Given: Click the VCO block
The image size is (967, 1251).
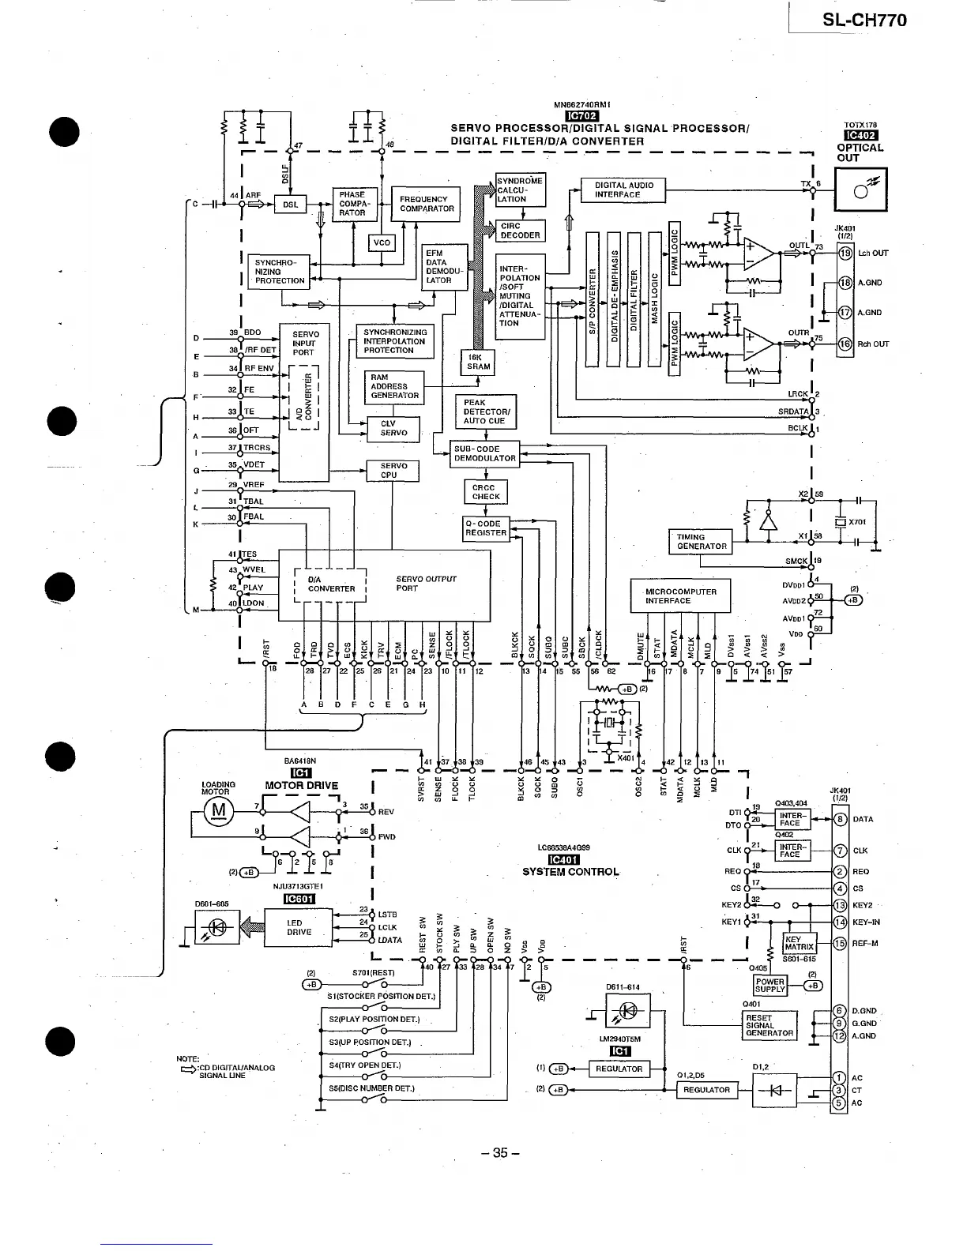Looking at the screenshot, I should [x=382, y=242].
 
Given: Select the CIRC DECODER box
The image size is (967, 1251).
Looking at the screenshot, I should [x=521, y=231].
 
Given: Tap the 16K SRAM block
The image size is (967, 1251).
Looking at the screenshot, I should [x=478, y=362].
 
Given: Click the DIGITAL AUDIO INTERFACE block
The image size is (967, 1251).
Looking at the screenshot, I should [x=623, y=190].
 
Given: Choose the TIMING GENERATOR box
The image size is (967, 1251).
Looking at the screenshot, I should [x=701, y=542].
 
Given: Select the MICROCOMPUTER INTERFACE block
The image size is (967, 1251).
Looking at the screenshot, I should [x=680, y=596].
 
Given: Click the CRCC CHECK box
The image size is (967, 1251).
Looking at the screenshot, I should [x=486, y=492].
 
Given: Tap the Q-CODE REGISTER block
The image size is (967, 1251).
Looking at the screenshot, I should [x=486, y=528].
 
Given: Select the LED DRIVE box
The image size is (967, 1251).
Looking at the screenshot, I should [x=299, y=927].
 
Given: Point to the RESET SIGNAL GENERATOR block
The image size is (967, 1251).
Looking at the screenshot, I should [x=769, y=1025].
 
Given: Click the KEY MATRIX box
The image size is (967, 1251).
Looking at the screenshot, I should [x=798, y=943].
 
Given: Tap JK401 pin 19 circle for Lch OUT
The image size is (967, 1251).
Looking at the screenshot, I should [x=845, y=254].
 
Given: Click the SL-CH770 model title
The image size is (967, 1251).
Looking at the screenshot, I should [x=864, y=21].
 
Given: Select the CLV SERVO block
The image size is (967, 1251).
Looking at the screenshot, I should [x=393, y=428].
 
